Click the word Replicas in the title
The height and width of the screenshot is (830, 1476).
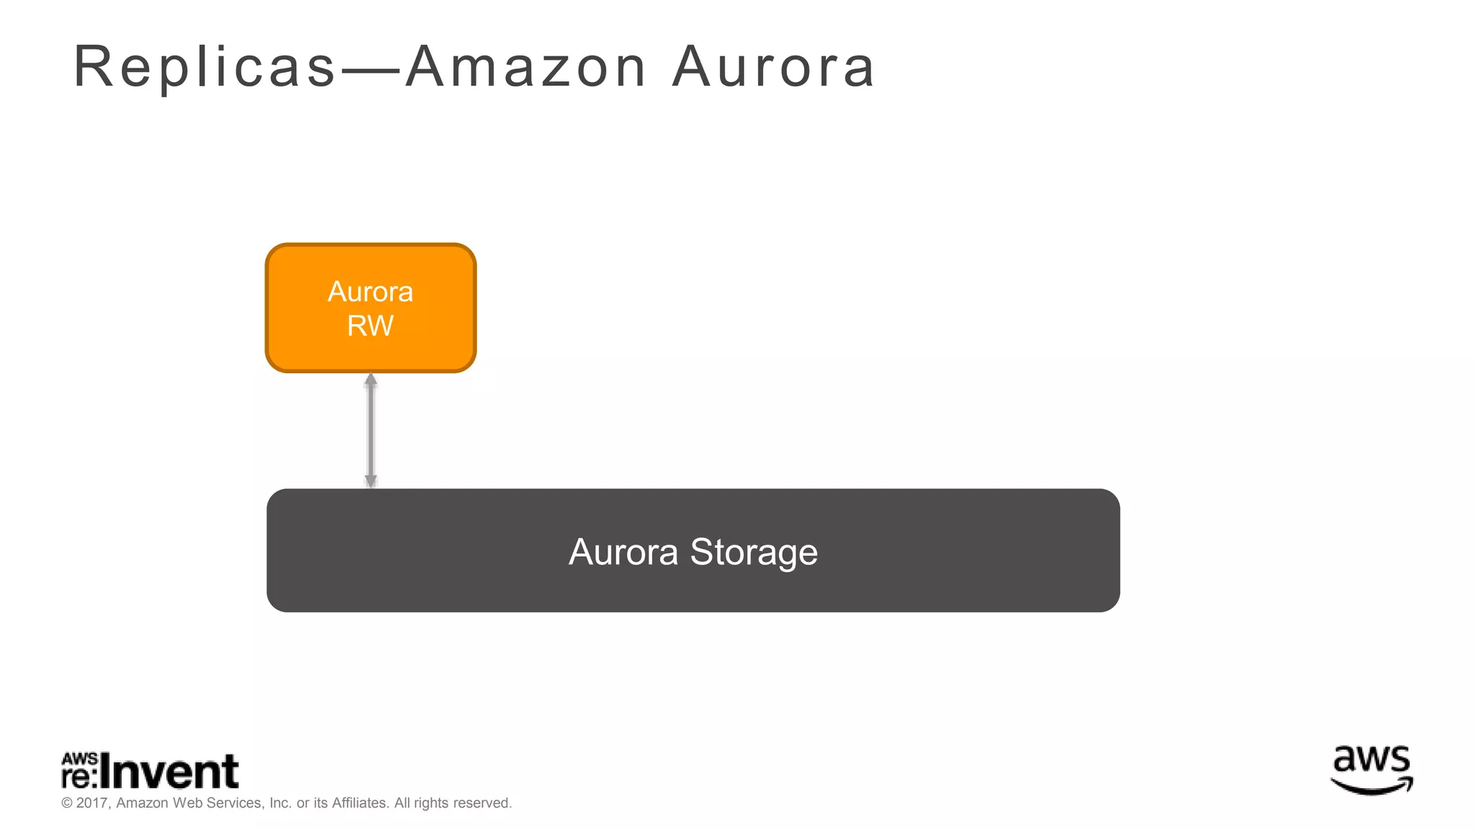coord(205,68)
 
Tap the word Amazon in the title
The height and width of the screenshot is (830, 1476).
coord(526,68)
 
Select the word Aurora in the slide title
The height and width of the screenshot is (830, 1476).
coord(773,68)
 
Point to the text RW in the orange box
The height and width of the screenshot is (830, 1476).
coord(370,326)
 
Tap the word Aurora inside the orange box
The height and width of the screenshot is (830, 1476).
coord(370,292)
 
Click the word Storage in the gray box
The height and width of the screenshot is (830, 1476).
coord(754,552)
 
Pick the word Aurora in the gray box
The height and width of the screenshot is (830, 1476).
coord(623,552)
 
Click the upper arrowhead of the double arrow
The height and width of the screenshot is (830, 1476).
coord(370,380)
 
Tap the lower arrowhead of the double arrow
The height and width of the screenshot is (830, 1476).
coord(370,481)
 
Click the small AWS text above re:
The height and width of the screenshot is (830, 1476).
coord(79,759)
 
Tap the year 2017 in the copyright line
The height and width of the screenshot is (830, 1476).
coord(92,803)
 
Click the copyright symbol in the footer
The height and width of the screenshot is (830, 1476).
coord(67,803)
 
